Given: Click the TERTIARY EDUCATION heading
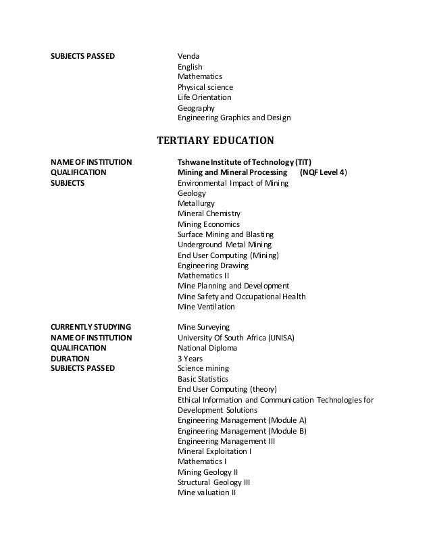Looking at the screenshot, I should click(x=215, y=141).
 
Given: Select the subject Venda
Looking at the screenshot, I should click(x=188, y=55).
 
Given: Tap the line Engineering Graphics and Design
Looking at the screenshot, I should click(x=234, y=118).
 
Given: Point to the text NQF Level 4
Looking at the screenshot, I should click(x=324, y=173).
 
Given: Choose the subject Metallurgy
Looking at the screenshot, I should click(x=197, y=203).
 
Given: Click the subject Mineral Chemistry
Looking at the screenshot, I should click(x=209, y=213).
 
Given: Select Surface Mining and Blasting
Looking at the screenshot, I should click(x=222, y=234).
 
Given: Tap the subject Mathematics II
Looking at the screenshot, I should click(x=203, y=276).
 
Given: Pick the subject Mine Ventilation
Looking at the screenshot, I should click(x=206, y=307).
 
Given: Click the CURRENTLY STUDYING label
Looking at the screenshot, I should click(x=91, y=327).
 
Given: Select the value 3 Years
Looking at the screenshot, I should click(x=190, y=359).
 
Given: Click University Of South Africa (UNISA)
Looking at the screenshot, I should click(x=236, y=338).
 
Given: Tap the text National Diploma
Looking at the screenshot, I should click(x=207, y=348).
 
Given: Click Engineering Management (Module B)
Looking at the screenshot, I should click(x=242, y=430).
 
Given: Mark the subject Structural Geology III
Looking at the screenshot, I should click(x=213, y=482).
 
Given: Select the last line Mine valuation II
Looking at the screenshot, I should click(x=206, y=492).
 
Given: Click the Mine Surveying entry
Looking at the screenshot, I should click(x=203, y=327).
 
